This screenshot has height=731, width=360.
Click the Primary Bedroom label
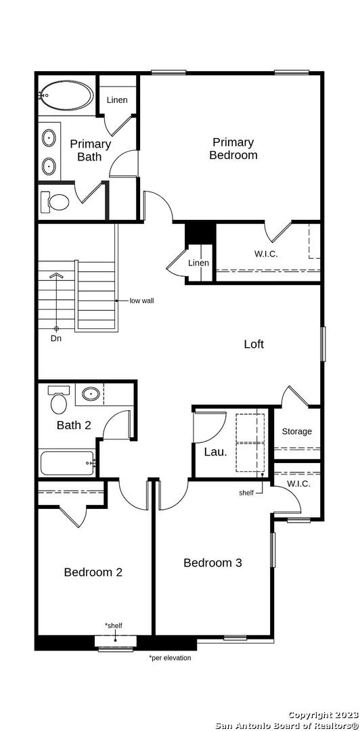point(233,149)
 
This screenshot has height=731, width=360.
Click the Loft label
point(254,344)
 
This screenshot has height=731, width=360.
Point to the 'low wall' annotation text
point(141,301)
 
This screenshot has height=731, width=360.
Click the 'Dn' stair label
point(56,338)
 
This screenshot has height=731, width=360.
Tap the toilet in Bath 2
point(60,399)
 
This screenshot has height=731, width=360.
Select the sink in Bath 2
point(90,394)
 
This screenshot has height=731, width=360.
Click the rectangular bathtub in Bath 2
point(68,463)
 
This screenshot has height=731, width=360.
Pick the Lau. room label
point(215,451)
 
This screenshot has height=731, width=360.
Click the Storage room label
point(296,431)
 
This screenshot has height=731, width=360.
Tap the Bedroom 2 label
point(93,572)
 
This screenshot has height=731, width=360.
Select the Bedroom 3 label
point(212,562)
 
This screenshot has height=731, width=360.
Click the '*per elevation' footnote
point(171,658)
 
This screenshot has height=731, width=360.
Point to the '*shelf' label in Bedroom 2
point(114,625)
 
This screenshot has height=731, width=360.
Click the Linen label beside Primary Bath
point(117,99)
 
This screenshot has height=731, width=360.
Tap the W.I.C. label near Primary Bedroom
point(266,254)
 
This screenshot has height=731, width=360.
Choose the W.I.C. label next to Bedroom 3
point(298,483)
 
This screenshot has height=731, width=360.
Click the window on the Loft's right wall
point(322,344)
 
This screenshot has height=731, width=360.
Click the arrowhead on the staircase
point(56,275)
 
